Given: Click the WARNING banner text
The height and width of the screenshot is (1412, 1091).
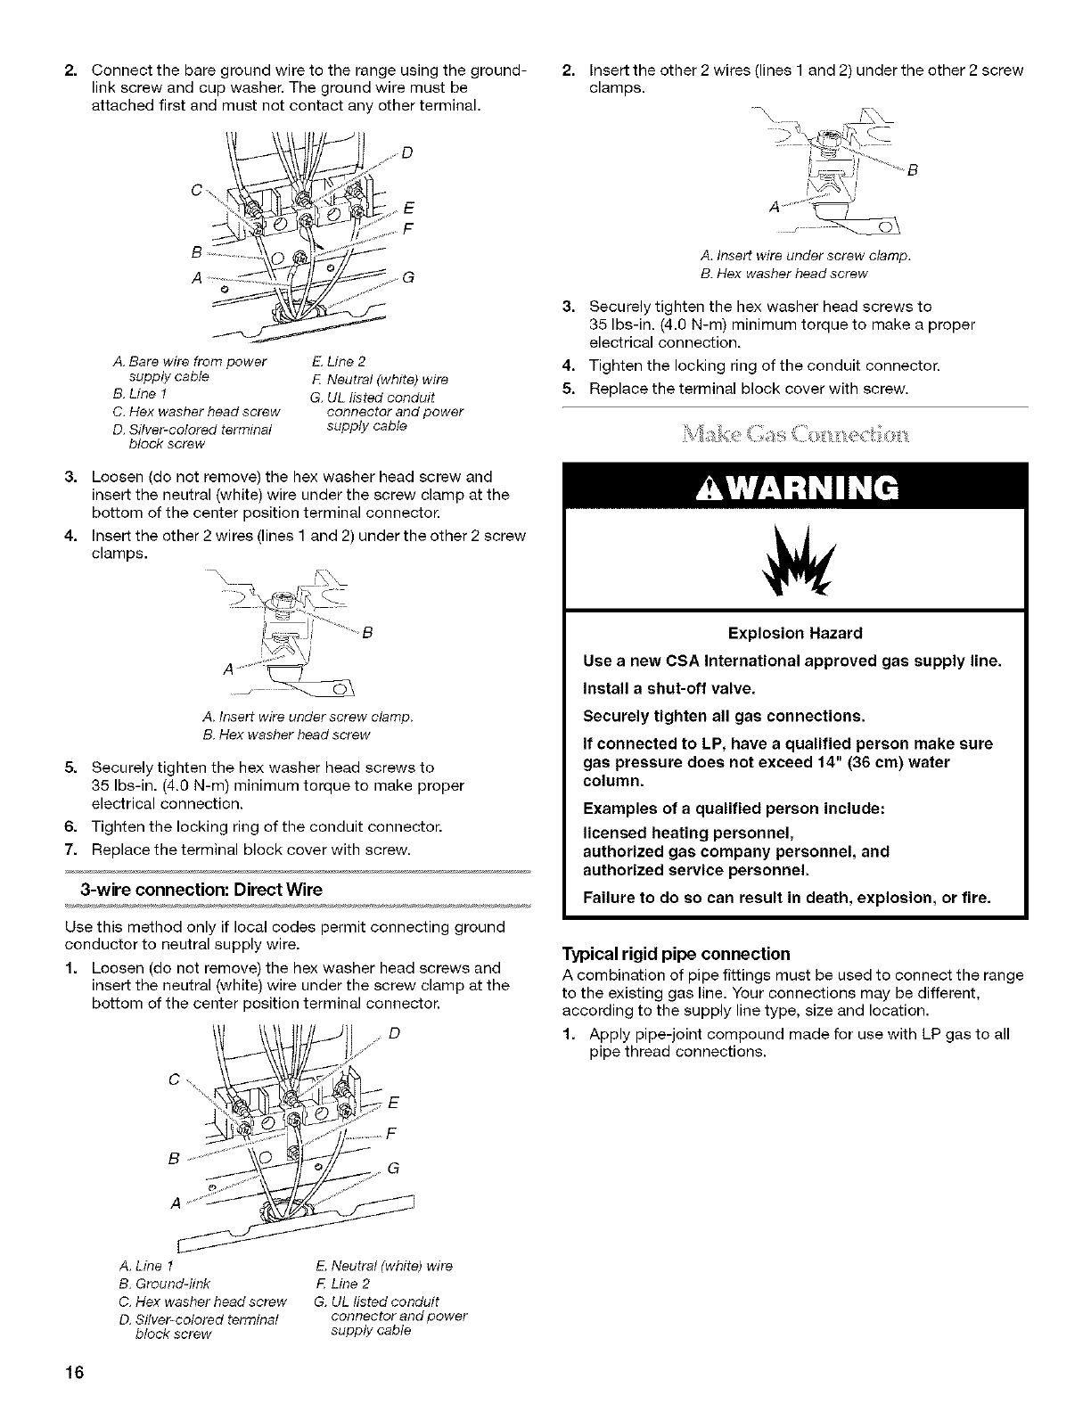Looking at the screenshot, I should [795, 488].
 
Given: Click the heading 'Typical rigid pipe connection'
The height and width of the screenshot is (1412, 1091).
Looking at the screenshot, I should [676, 953].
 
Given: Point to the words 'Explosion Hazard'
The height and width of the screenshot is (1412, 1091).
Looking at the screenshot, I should [795, 634].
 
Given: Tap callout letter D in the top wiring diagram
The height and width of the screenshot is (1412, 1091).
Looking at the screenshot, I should [406, 151].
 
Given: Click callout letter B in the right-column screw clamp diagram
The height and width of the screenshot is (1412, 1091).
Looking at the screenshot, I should [912, 172].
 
